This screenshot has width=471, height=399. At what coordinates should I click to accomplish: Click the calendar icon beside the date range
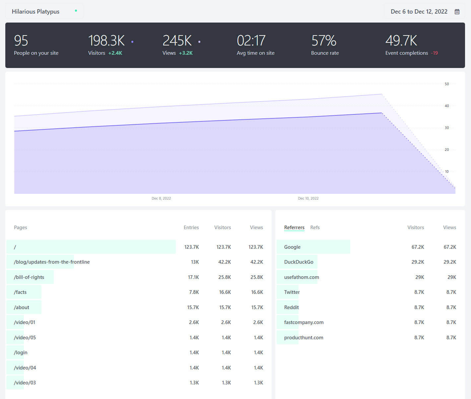click(x=457, y=12)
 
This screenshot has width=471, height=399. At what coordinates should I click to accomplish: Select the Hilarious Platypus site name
click(x=35, y=12)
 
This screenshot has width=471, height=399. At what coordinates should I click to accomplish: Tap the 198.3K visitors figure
click(x=106, y=40)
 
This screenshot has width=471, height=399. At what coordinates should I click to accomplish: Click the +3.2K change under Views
click(x=186, y=53)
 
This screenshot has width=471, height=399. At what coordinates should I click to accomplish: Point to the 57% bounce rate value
click(x=324, y=40)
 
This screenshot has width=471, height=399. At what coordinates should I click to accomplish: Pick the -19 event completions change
click(x=435, y=53)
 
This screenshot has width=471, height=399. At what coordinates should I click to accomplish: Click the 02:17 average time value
click(x=251, y=40)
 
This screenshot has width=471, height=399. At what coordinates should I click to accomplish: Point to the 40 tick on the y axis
click(x=447, y=106)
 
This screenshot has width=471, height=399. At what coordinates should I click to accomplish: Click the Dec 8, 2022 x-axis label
click(x=161, y=198)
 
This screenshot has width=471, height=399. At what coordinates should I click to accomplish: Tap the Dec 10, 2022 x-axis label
click(x=308, y=198)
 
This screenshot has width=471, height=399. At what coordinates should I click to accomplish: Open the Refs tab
click(x=315, y=228)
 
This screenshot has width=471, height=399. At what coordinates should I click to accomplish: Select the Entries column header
click(x=191, y=228)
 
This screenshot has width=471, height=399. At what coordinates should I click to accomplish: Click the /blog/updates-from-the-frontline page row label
click(x=52, y=262)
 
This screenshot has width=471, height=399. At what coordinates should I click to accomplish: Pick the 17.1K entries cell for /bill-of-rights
click(x=193, y=277)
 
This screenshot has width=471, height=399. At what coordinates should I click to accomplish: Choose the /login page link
click(x=21, y=353)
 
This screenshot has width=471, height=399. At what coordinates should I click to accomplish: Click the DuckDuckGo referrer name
click(x=299, y=262)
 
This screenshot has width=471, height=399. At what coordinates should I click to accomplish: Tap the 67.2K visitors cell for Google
click(x=418, y=247)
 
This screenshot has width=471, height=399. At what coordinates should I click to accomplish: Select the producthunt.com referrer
click(x=303, y=338)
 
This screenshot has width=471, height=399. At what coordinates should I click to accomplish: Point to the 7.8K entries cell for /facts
click(x=194, y=292)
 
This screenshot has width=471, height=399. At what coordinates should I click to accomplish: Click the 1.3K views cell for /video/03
click(x=258, y=383)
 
